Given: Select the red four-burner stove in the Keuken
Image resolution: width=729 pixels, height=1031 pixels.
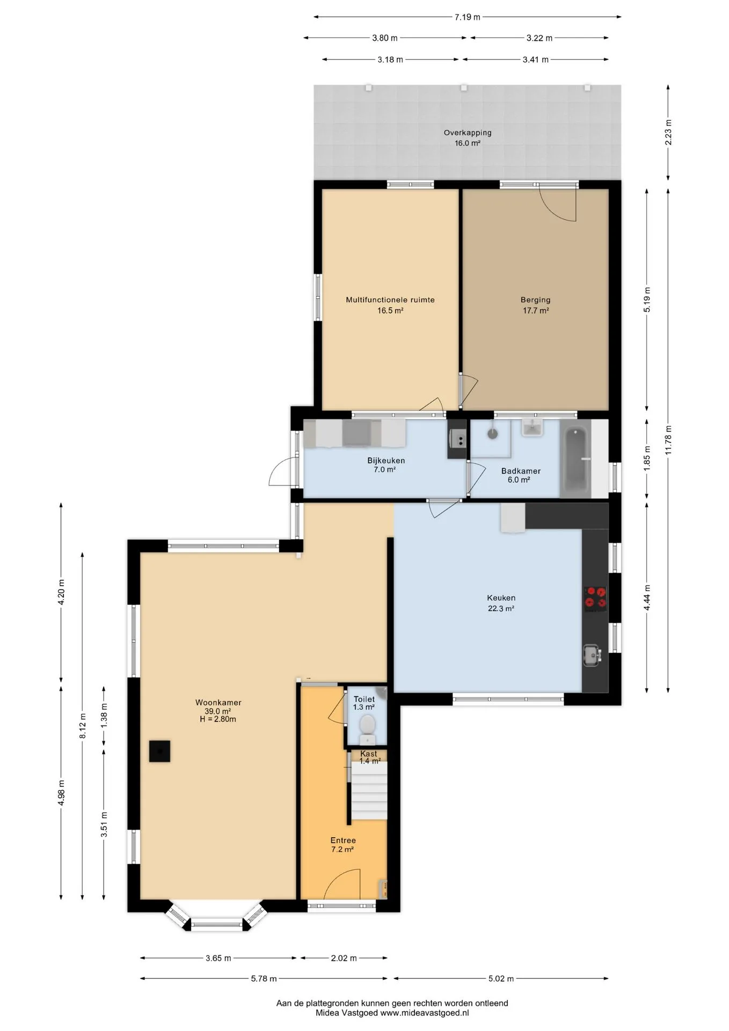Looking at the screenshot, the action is pyautogui.click(x=595, y=598).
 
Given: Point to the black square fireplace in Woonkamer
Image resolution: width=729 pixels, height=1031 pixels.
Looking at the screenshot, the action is pyautogui.click(x=159, y=751).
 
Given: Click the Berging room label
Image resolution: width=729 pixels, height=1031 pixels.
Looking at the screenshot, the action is pyautogui.click(x=536, y=300).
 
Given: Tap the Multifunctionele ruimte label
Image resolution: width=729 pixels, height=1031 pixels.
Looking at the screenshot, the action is pyautogui.click(x=390, y=300).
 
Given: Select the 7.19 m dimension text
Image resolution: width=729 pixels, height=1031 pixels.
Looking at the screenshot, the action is pyautogui.click(x=467, y=17).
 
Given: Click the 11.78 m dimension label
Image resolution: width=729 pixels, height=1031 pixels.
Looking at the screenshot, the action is pyautogui.click(x=668, y=440).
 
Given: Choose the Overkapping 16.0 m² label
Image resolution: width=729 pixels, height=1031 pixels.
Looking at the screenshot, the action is pyautogui.click(x=468, y=137).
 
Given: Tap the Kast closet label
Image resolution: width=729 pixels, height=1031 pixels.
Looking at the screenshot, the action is pyautogui.click(x=369, y=753).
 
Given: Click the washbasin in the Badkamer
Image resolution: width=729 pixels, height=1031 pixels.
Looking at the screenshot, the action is pyautogui.click(x=532, y=429).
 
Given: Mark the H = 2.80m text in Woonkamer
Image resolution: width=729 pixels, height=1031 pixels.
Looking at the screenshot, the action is pyautogui.click(x=218, y=719).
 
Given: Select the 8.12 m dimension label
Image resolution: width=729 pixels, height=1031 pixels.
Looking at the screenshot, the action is pyautogui.click(x=82, y=726).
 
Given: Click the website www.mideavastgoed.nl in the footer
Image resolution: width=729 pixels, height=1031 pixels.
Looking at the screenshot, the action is pyautogui.click(x=424, y=1013).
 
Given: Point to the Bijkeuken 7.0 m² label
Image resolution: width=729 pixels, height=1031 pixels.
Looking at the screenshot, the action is pyautogui.click(x=386, y=464).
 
